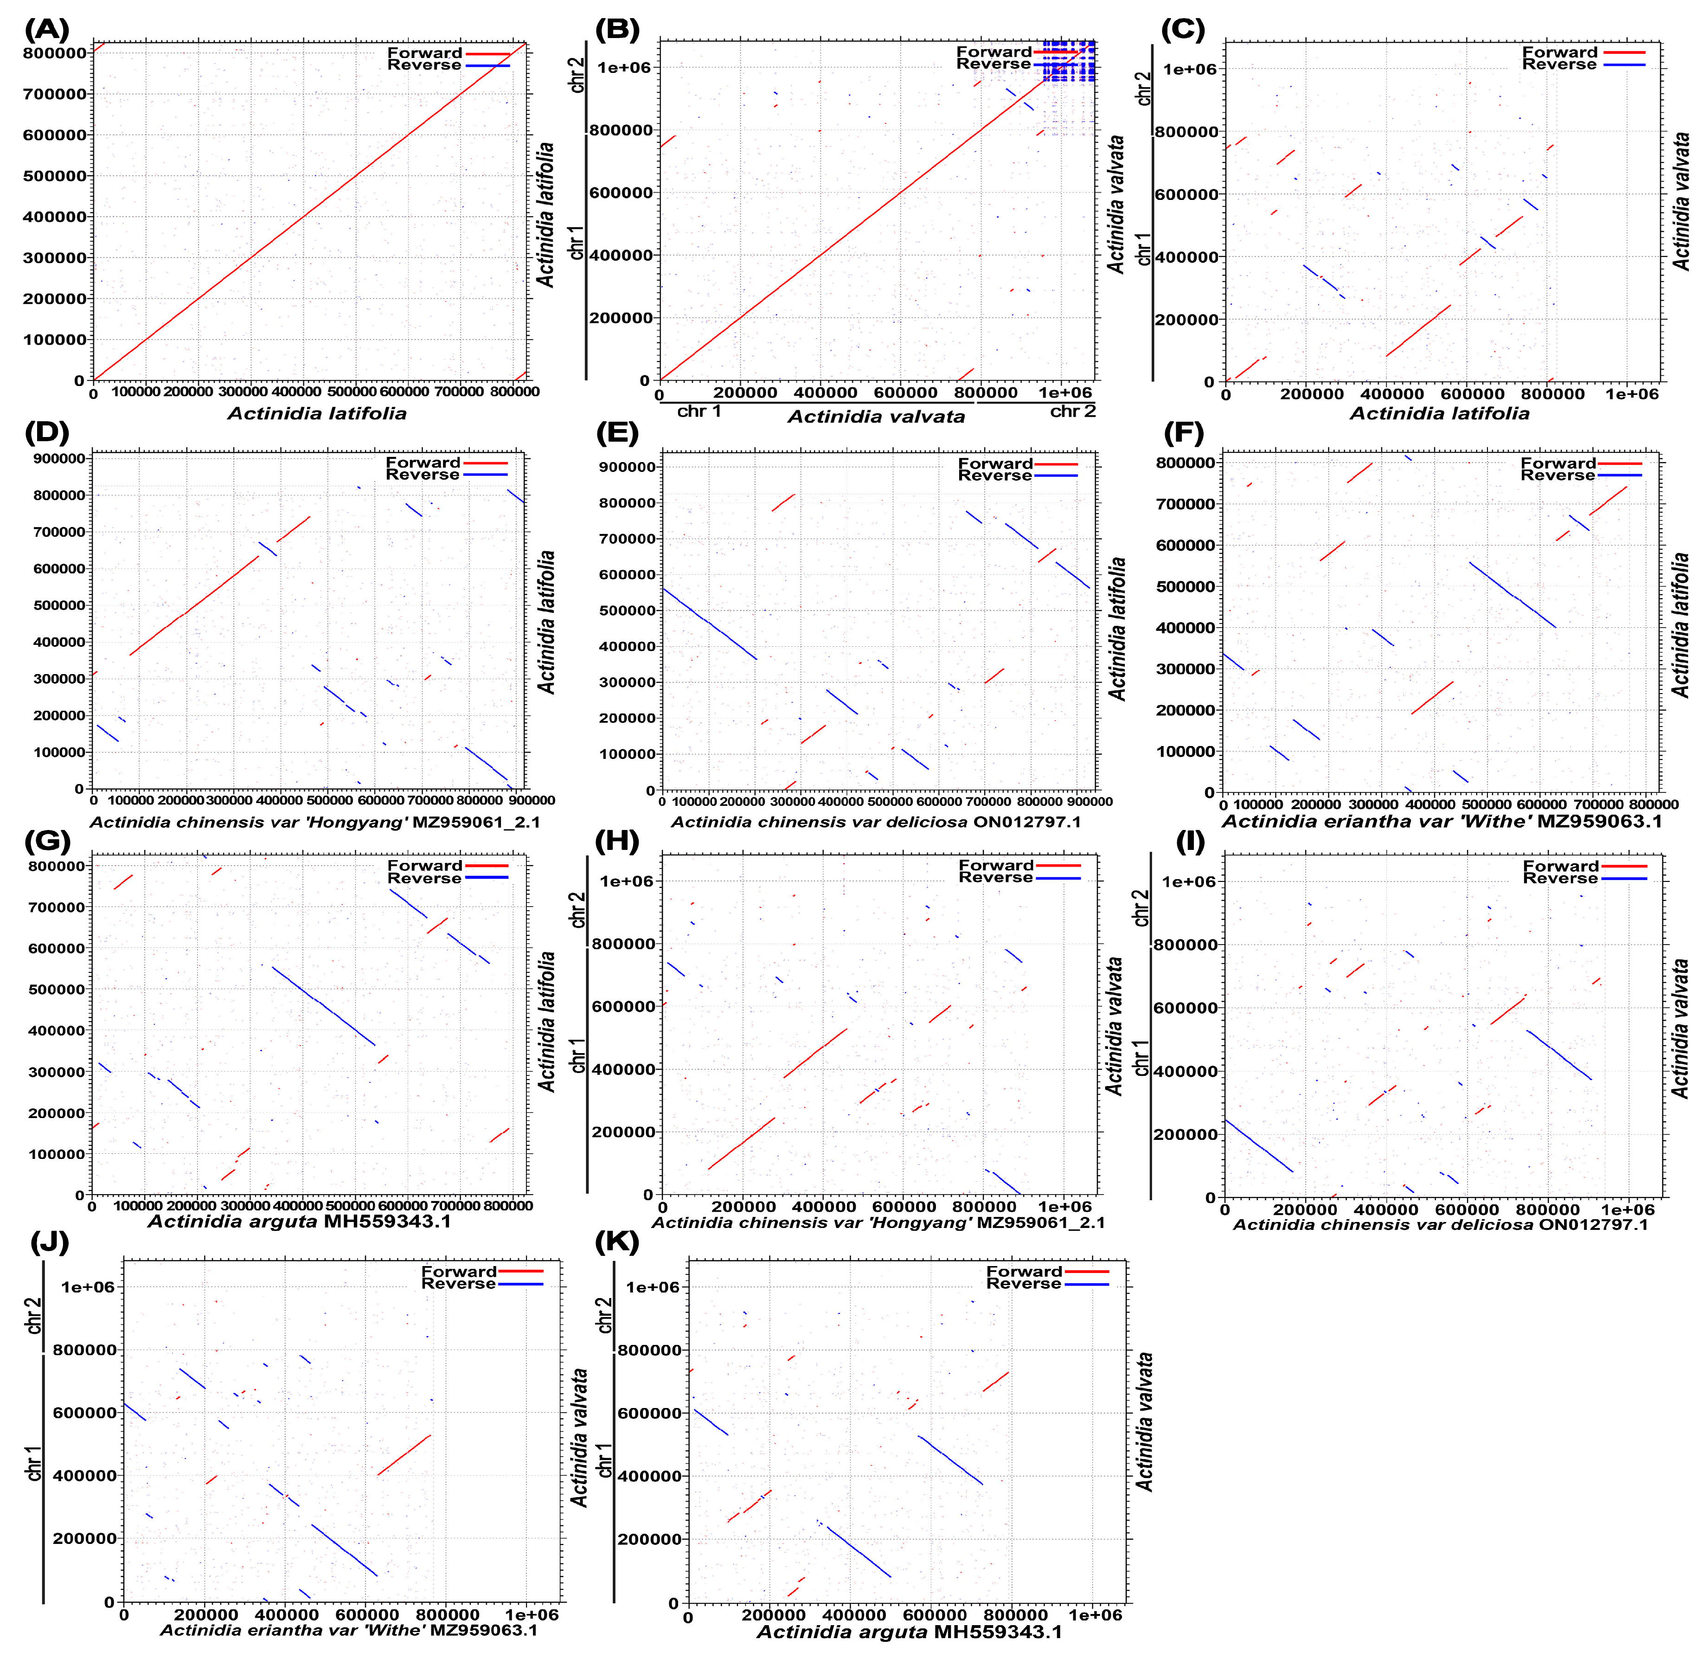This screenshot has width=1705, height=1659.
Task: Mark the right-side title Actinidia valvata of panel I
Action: click(x=1680, y=1028)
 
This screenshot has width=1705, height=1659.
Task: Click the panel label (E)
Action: click(x=616, y=432)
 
